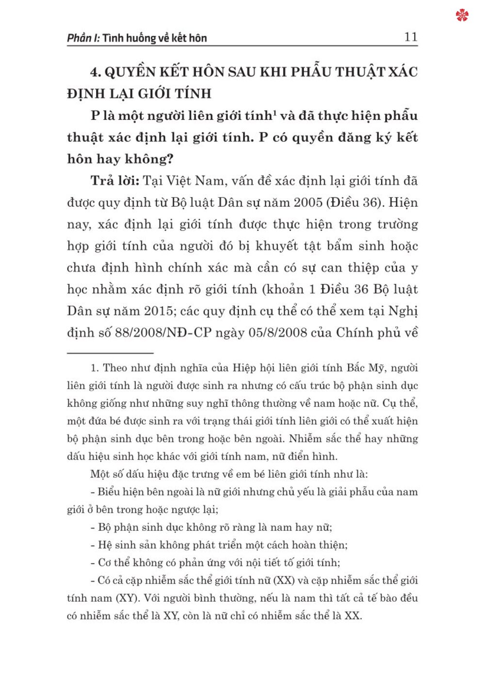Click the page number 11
410,37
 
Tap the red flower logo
462,16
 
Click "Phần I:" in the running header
83,38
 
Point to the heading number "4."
96,72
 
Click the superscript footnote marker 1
275,112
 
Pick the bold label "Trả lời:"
114,181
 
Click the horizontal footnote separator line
110,353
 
